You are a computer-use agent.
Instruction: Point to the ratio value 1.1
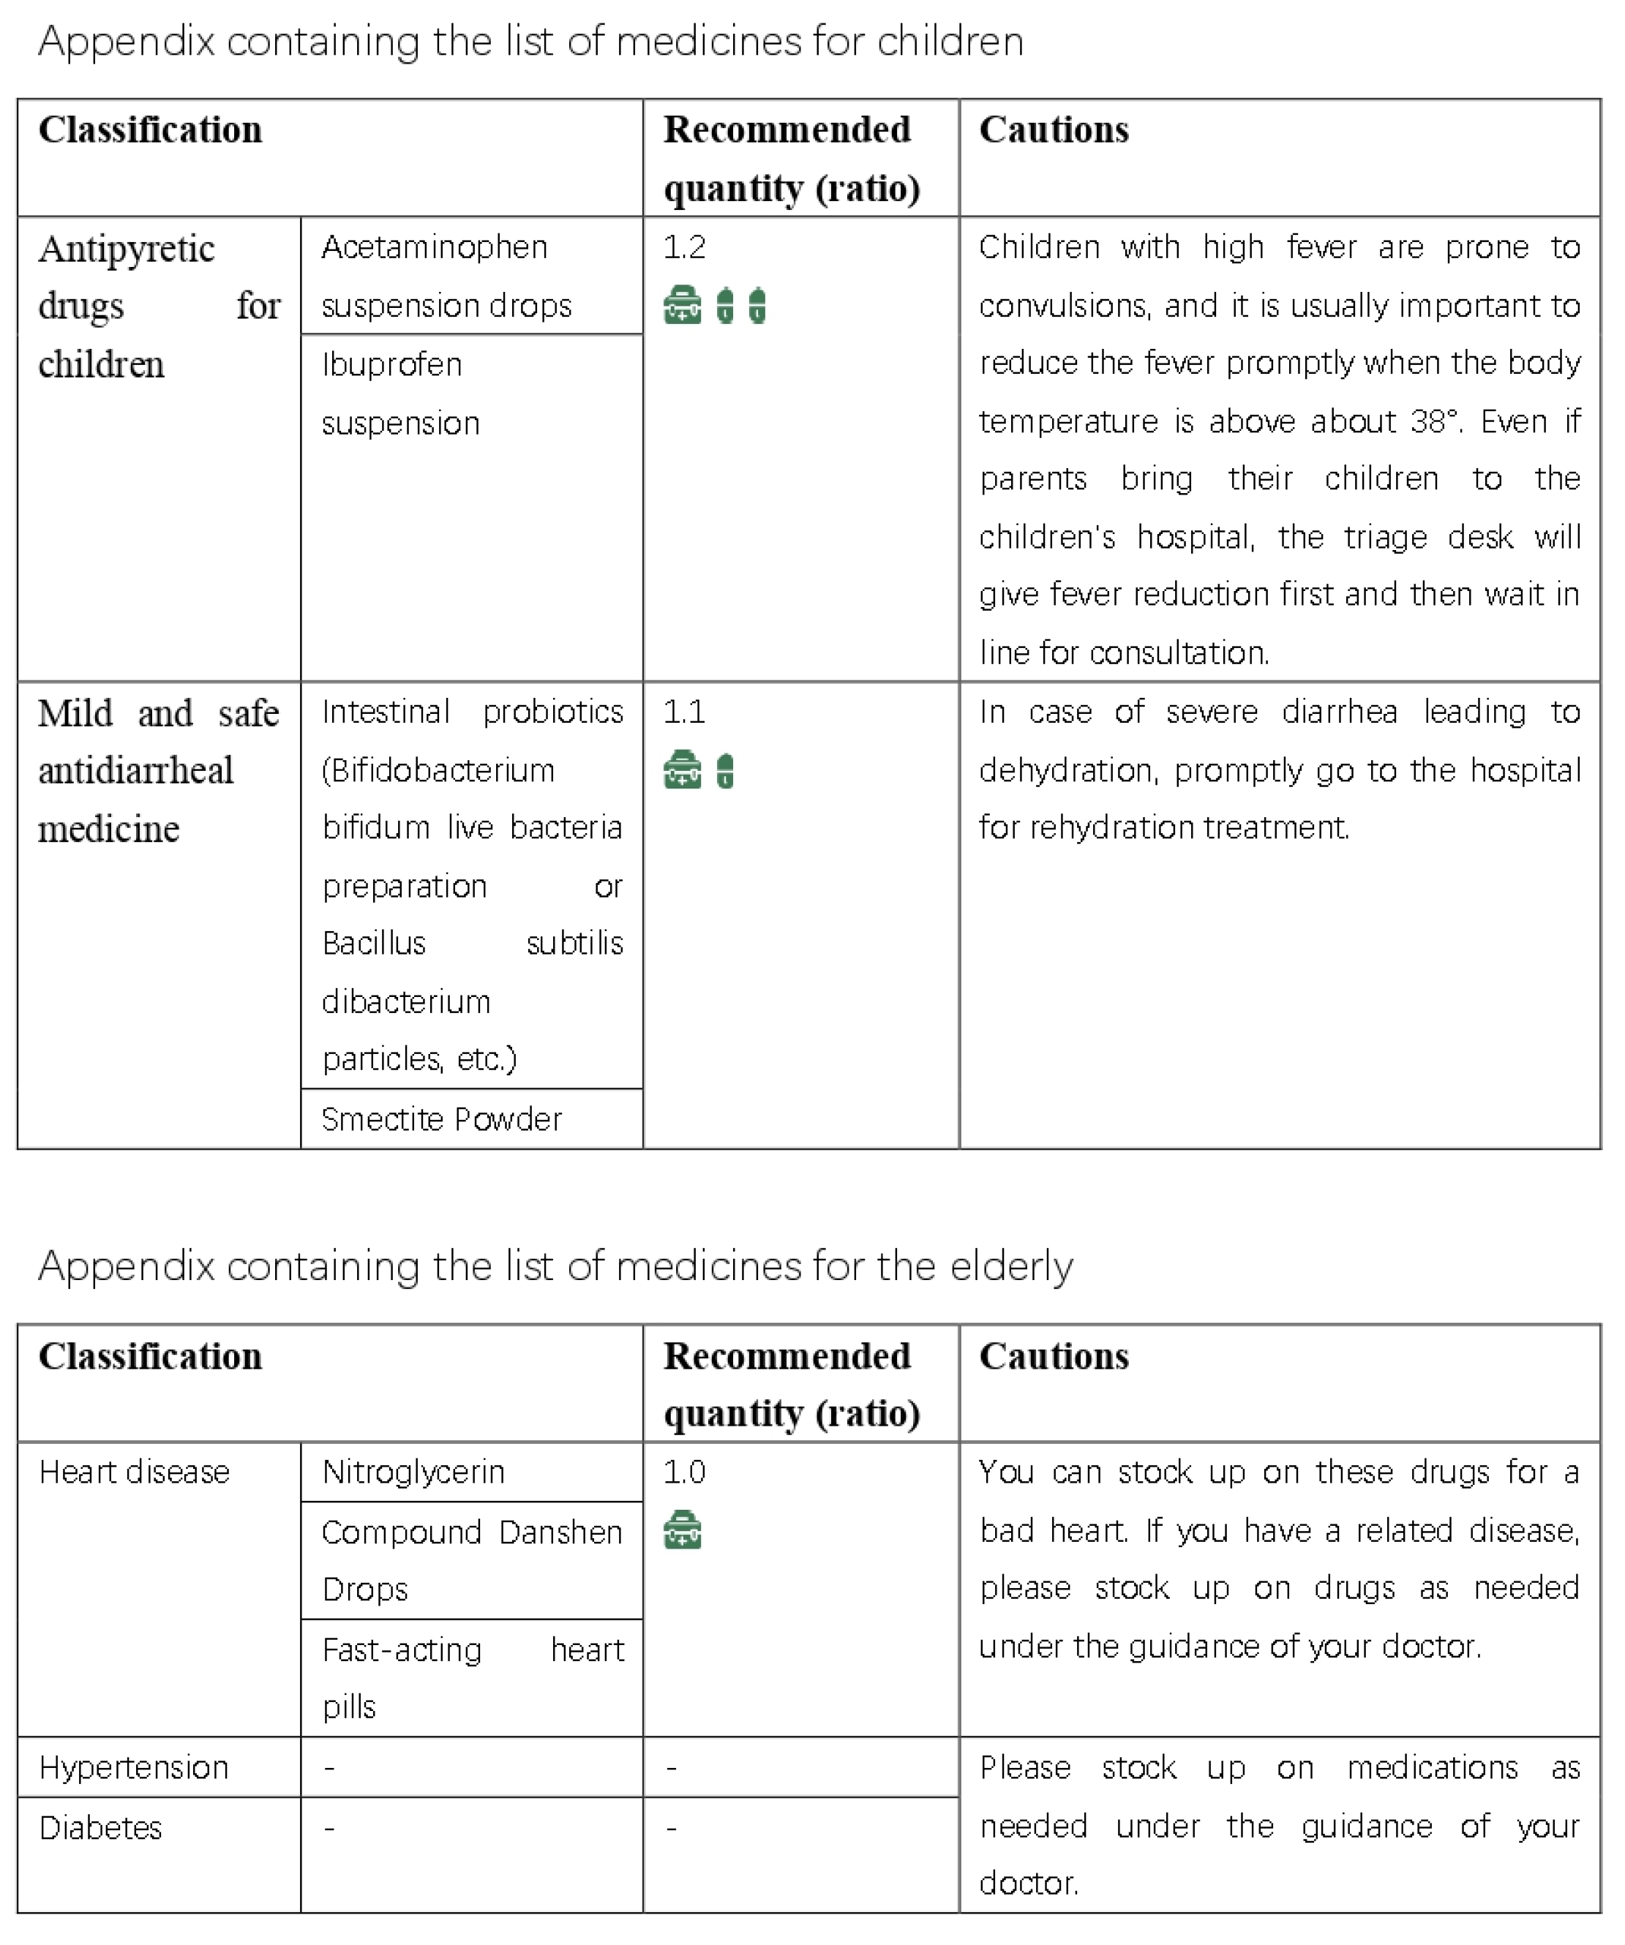pos(683,712)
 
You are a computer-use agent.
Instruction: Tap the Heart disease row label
pos(135,1472)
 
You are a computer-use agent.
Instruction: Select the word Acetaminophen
pos(435,247)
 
